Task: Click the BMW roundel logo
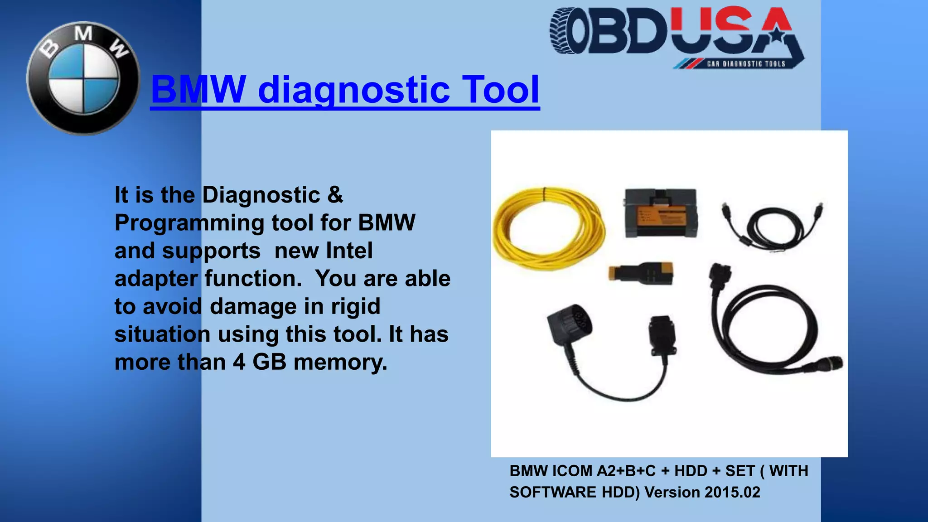coord(83,78)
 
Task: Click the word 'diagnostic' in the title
coord(354,89)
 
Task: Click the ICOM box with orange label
coord(661,213)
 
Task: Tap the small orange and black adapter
coord(641,274)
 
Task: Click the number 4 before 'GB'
coord(239,362)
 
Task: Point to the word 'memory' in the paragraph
coord(340,362)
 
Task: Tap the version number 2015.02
coord(732,492)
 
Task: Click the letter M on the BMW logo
coord(83,34)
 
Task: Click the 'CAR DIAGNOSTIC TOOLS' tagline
coord(746,64)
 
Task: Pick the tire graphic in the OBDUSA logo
coord(564,31)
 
